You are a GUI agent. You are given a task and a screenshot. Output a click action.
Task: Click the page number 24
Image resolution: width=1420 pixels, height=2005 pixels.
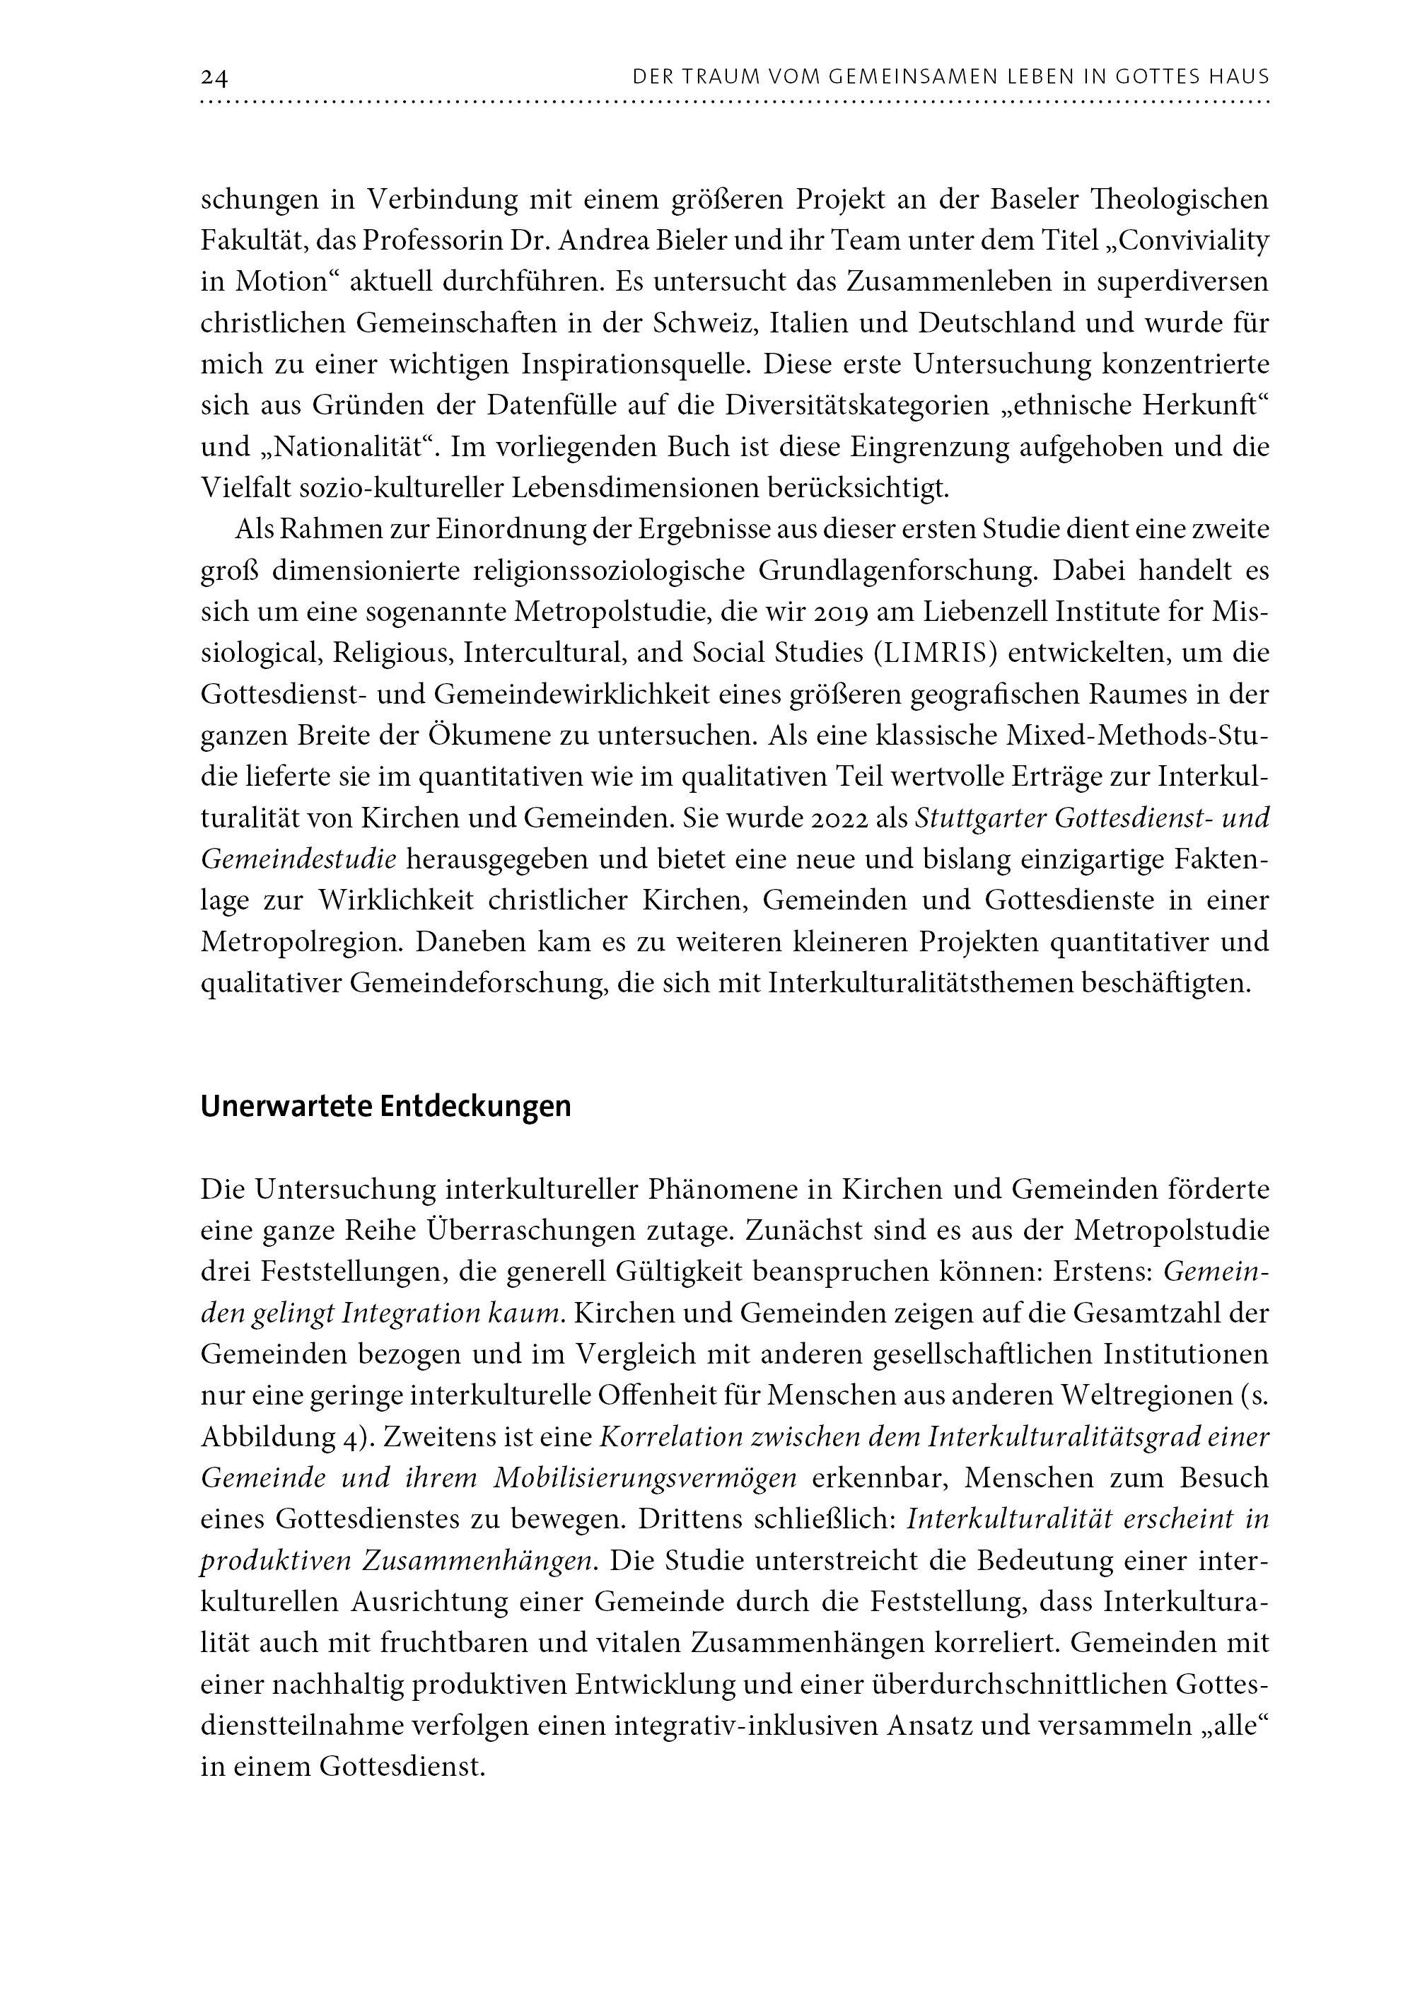[214, 78]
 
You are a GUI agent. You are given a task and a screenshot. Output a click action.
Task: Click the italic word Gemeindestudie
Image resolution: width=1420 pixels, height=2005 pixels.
[299, 859]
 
